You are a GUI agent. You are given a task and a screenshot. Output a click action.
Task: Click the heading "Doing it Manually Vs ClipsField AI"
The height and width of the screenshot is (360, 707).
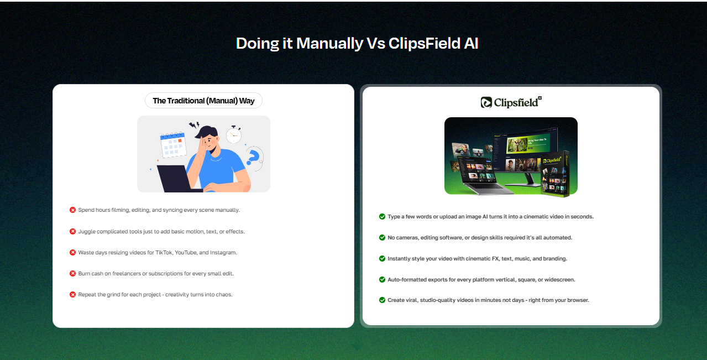[357, 43]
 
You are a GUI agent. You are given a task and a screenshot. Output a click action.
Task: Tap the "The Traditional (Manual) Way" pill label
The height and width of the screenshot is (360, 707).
[203, 101]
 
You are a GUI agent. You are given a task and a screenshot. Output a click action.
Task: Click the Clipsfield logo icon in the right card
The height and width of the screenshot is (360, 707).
[486, 102]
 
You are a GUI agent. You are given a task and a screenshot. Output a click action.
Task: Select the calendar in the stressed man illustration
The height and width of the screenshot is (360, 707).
[172, 145]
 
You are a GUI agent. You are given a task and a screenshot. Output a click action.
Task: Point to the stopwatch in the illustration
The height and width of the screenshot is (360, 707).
[234, 135]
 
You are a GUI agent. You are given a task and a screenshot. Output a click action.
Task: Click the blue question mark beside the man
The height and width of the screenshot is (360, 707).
[253, 157]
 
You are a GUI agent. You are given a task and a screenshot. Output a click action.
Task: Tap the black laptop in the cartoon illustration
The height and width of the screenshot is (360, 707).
[177, 179]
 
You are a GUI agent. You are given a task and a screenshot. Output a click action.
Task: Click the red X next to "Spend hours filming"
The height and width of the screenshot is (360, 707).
[72, 210]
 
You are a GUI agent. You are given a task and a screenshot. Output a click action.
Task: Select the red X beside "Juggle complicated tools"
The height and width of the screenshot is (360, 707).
[72, 232]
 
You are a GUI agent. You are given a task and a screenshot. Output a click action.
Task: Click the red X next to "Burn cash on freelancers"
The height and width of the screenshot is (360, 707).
[72, 274]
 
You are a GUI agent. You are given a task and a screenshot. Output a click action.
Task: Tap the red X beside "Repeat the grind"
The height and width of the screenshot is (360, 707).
[72, 295]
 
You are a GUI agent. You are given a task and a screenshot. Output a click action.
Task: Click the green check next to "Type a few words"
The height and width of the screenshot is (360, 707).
[382, 217]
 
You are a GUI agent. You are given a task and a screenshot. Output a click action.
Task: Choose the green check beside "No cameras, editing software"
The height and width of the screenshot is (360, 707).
[382, 237]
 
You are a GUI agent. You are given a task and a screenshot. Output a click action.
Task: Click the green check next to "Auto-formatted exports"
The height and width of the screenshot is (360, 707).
[382, 279]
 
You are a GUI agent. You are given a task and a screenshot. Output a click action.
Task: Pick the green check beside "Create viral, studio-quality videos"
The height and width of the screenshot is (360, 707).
[382, 300]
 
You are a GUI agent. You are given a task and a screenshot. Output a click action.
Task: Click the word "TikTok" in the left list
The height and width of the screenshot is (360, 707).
[164, 253]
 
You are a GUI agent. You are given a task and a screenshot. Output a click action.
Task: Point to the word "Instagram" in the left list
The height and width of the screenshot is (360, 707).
[223, 253]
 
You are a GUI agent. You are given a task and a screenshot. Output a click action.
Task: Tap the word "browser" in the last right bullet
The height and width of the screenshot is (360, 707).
[578, 300]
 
